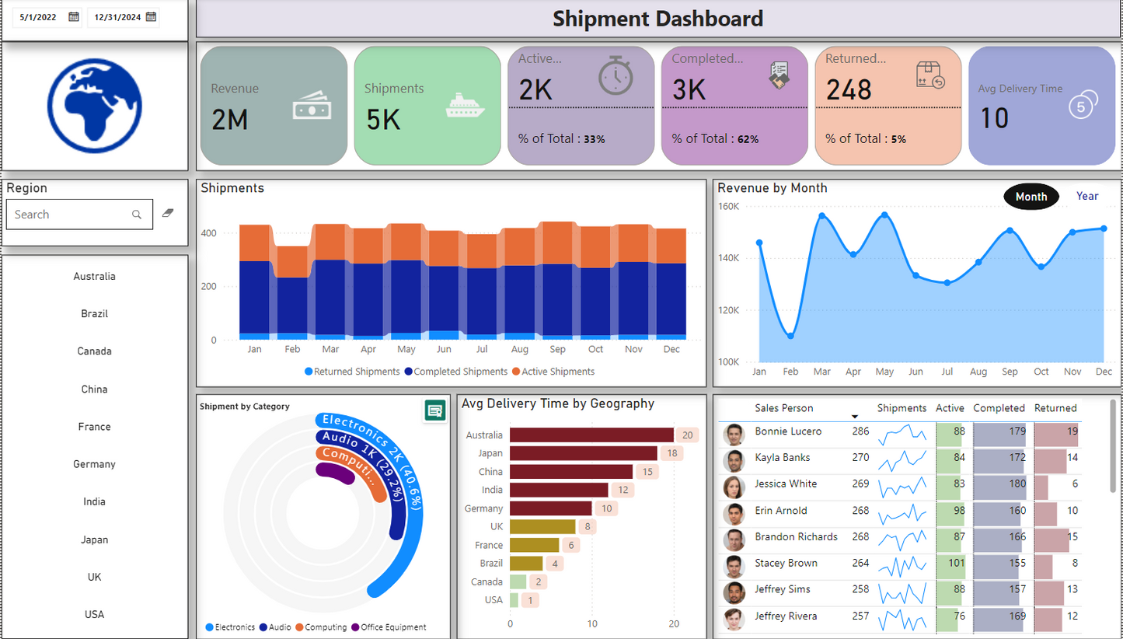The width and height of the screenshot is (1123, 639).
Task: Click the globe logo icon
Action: tap(94, 105)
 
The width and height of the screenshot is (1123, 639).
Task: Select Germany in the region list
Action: tap(94, 464)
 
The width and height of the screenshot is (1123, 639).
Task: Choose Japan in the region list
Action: tap(94, 539)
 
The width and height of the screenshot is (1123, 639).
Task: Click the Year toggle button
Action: tap(1086, 196)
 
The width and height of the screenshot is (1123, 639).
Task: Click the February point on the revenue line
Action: tap(790, 336)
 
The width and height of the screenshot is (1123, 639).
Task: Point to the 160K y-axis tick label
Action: tap(728, 207)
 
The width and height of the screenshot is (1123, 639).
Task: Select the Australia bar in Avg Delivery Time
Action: tap(591, 435)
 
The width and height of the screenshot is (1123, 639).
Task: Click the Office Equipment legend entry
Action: tap(393, 627)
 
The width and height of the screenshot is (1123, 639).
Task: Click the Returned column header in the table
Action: tap(1055, 408)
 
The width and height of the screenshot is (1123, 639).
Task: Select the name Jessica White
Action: tap(785, 484)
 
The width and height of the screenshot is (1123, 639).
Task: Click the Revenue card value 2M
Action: tap(229, 119)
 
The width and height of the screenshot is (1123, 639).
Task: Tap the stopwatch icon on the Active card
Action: tap(616, 76)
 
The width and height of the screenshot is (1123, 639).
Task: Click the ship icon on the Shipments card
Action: tap(465, 106)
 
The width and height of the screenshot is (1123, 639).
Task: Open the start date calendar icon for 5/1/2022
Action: tap(74, 16)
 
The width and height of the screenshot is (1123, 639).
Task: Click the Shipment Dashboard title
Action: tap(657, 19)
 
